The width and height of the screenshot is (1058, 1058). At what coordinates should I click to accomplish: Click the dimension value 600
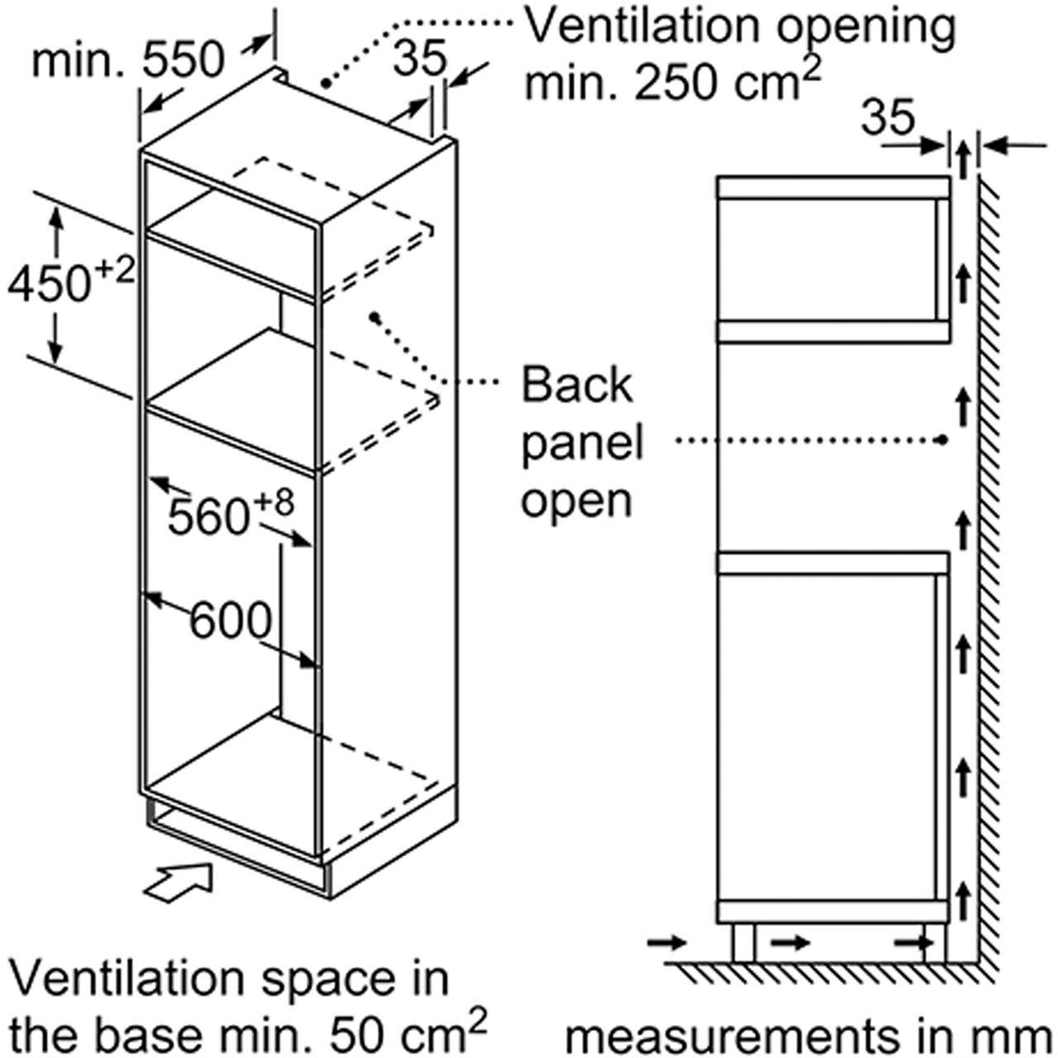[x=231, y=620]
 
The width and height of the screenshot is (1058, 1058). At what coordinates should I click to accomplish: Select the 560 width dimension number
[x=208, y=517]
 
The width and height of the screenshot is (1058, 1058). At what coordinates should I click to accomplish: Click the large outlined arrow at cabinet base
[x=179, y=888]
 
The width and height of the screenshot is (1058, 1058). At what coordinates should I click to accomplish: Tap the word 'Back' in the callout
[x=576, y=385]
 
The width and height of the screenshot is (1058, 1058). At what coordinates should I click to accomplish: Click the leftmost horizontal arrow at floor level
[x=667, y=943]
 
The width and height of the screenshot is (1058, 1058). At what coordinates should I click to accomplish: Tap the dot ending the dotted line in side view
[x=942, y=440]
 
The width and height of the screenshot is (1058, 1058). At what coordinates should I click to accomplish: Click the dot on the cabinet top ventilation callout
[x=326, y=83]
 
